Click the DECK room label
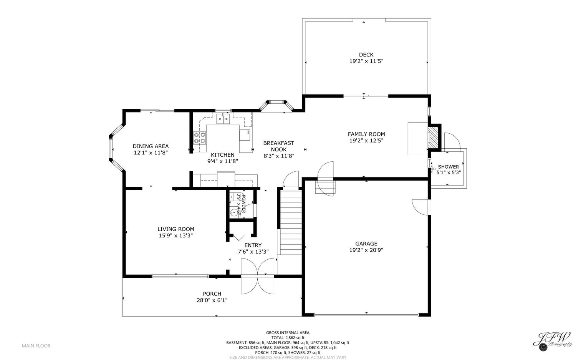click(366, 55)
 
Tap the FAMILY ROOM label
click(366, 134)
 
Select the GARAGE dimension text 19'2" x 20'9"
click(366, 250)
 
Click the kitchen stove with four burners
click(200, 138)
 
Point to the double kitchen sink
click(223, 119)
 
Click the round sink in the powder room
click(234, 213)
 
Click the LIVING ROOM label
click(176, 229)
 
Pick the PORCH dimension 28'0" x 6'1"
click(212, 300)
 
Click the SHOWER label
click(449, 167)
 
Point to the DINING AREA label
click(151, 146)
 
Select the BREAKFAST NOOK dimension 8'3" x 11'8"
click(279, 156)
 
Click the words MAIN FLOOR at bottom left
click(36, 346)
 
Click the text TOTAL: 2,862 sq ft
click(288, 338)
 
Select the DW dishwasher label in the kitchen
click(248, 132)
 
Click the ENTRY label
click(253, 245)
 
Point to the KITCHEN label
click(223, 155)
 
